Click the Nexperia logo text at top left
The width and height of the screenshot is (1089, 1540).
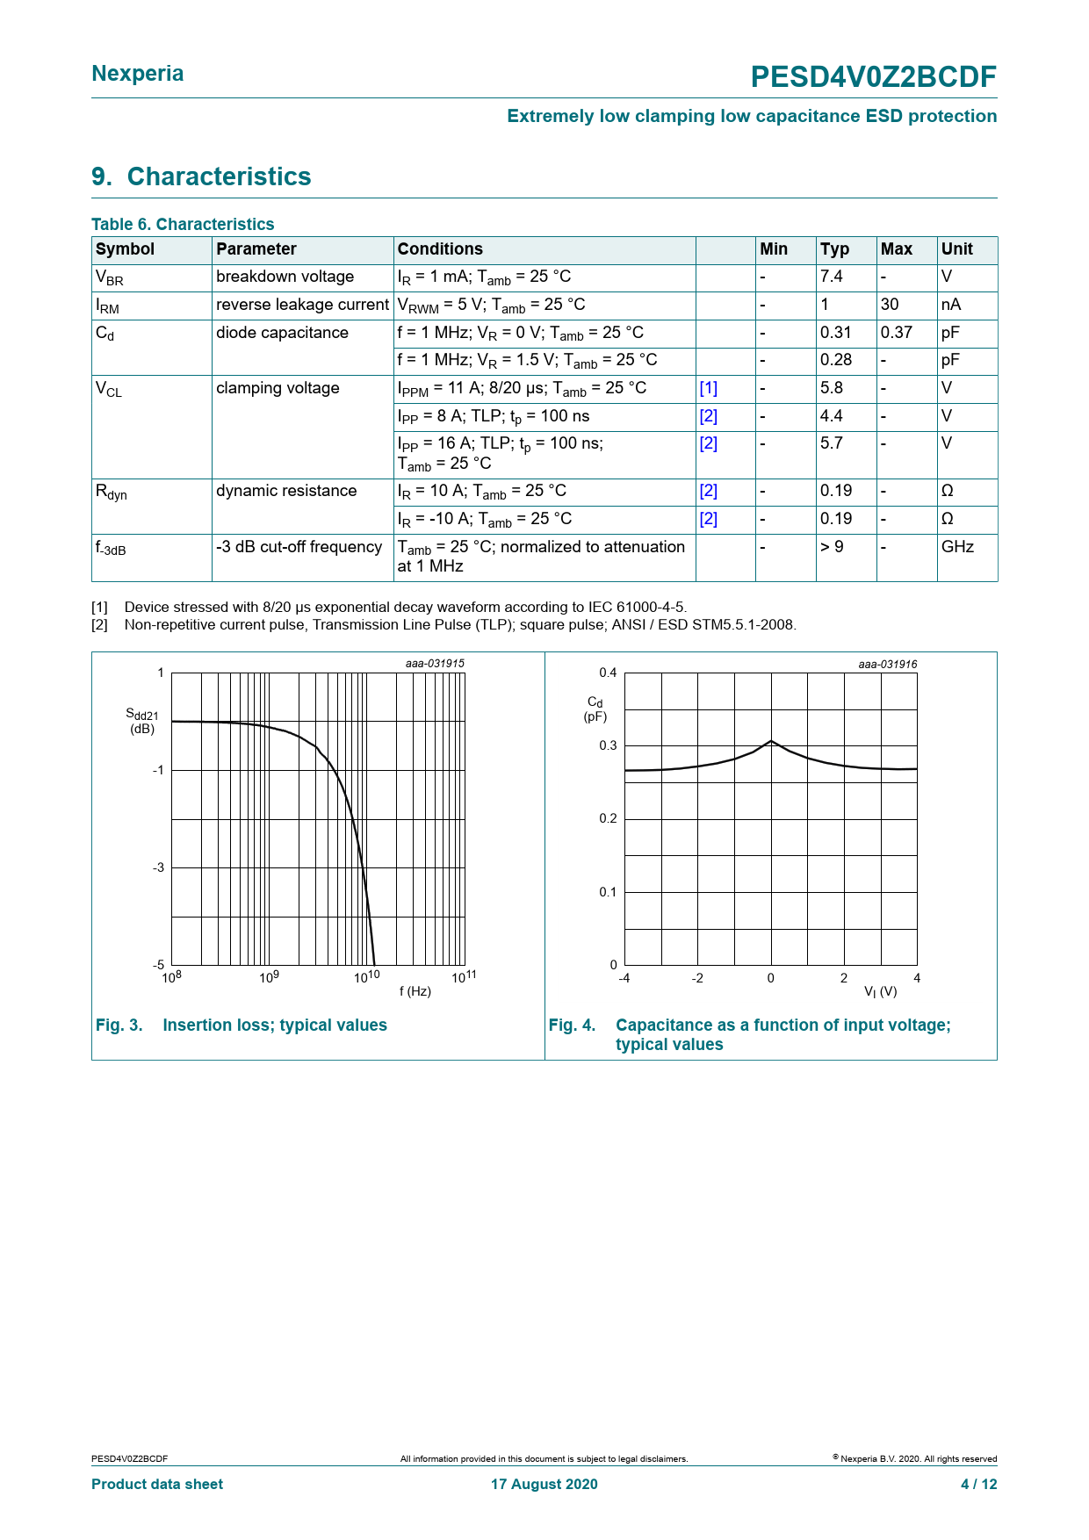pyautogui.click(x=137, y=74)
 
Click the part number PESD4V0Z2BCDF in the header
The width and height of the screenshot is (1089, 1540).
pyautogui.click(x=873, y=77)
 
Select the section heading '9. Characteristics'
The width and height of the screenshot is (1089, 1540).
pyautogui.click(x=201, y=176)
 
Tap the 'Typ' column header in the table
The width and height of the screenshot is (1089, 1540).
pyautogui.click(x=834, y=249)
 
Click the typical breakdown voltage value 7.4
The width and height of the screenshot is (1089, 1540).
pyautogui.click(x=831, y=277)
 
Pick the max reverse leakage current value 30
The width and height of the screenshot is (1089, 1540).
pyautogui.click(x=890, y=305)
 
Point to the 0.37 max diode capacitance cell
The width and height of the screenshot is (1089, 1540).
pyautogui.click(x=896, y=333)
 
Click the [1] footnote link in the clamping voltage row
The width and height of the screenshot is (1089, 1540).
pyautogui.click(x=708, y=388)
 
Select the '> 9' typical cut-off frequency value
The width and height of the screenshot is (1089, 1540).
pyautogui.click(x=832, y=547)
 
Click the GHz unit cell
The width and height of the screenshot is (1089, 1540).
pyautogui.click(x=957, y=547)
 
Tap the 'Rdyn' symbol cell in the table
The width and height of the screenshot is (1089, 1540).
pyautogui.click(x=112, y=492)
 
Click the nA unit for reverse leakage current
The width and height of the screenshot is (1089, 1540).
pyautogui.click(x=951, y=305)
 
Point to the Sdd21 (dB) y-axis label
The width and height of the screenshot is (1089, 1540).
pyautogui.click(x=142, y=721)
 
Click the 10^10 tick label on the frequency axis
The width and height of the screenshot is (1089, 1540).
pyautogui.click(x=367, y=976)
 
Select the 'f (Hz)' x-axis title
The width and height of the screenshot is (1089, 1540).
pyautogui.click(x=415, y=991)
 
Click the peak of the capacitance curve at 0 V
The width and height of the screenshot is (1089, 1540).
pyautogui.click(x=771, y=741)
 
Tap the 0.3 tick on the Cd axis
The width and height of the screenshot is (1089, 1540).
pyautogui.click(x=608, y=745)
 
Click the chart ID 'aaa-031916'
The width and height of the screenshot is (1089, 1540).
pyautogui.click(x=887, y=665)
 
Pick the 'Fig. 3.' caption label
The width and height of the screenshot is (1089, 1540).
pyautogui.click(x=119, y=1025)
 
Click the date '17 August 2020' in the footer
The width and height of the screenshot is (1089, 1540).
pyautogui.click(x=544, y=1484)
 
